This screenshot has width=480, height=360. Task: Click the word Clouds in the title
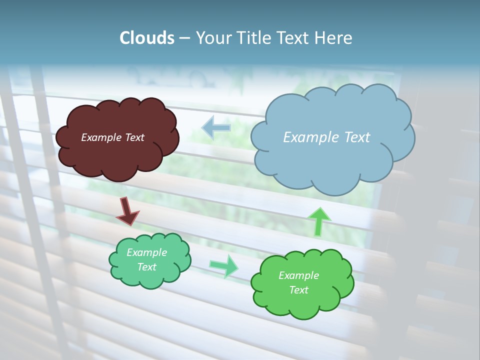(x=147, y=38)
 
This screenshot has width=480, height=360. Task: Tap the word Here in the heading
(x=333, y=38)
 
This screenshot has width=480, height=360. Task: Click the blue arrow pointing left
(x=216, y=127)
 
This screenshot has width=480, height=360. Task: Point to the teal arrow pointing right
(x=224, y=265)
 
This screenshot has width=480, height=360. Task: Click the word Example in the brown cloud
(x=100, y=137)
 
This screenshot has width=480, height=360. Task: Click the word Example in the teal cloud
(x=146, y=252)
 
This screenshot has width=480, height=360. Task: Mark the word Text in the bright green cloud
(x=298, y=290)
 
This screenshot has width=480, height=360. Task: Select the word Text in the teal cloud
(x=146, y=267)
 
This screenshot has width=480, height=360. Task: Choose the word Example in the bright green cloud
(x=298, y=275)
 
